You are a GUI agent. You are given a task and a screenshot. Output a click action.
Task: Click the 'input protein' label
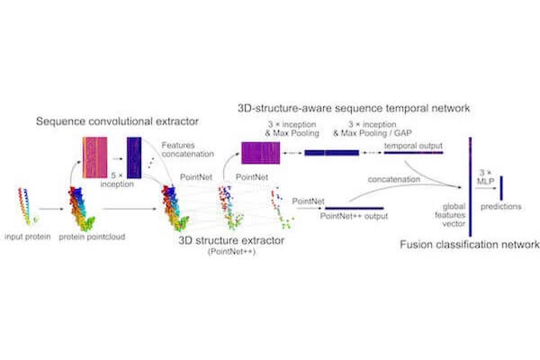(28, 237)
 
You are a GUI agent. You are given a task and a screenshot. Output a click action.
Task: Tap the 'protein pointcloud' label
(92, 237)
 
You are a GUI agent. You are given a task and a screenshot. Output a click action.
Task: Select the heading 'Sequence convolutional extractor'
(117, 121)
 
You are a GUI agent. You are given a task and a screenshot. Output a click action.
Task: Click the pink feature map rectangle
(94, 157)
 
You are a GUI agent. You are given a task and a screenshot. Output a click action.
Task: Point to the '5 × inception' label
(117, 180)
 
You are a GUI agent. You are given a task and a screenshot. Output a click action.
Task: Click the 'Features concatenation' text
(188, 149)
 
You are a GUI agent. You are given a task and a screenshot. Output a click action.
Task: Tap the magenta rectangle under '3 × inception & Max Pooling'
(261, 153)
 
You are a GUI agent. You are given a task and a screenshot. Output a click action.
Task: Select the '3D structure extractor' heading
(231, 240)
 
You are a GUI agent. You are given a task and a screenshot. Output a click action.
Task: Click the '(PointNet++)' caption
(231, 251)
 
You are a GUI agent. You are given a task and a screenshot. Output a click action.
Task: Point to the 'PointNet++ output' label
(354, 216)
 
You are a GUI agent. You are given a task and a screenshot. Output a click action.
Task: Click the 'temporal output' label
(413, 146)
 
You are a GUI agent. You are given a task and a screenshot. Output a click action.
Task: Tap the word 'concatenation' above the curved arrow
(394, 179)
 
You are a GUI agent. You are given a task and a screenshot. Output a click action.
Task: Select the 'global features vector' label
(451, 215)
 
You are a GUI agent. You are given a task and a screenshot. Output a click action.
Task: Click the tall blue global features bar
(470, 186)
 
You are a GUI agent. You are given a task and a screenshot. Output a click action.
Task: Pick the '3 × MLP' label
(486, 176)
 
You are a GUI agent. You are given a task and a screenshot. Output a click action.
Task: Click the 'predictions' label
(501, 207)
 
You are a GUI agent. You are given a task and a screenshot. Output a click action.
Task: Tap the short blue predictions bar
(501, 188)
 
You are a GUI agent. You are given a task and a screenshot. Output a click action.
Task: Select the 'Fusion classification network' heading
(470, 245)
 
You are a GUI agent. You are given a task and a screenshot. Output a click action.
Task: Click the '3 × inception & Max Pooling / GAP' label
(373, 129)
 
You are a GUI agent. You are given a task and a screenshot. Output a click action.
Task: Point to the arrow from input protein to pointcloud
(51, 209)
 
